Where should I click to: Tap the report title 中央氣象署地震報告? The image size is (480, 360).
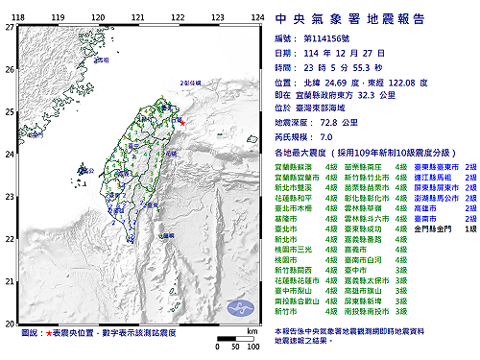[x=370, y=18]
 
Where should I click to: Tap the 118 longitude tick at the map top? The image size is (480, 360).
[x=17, y=17]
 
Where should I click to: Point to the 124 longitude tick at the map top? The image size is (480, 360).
[x=256, y=17]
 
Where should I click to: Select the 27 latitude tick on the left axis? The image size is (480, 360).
[x=9, y=28]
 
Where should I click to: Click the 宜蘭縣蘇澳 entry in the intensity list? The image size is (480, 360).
[x=292, y=166]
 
